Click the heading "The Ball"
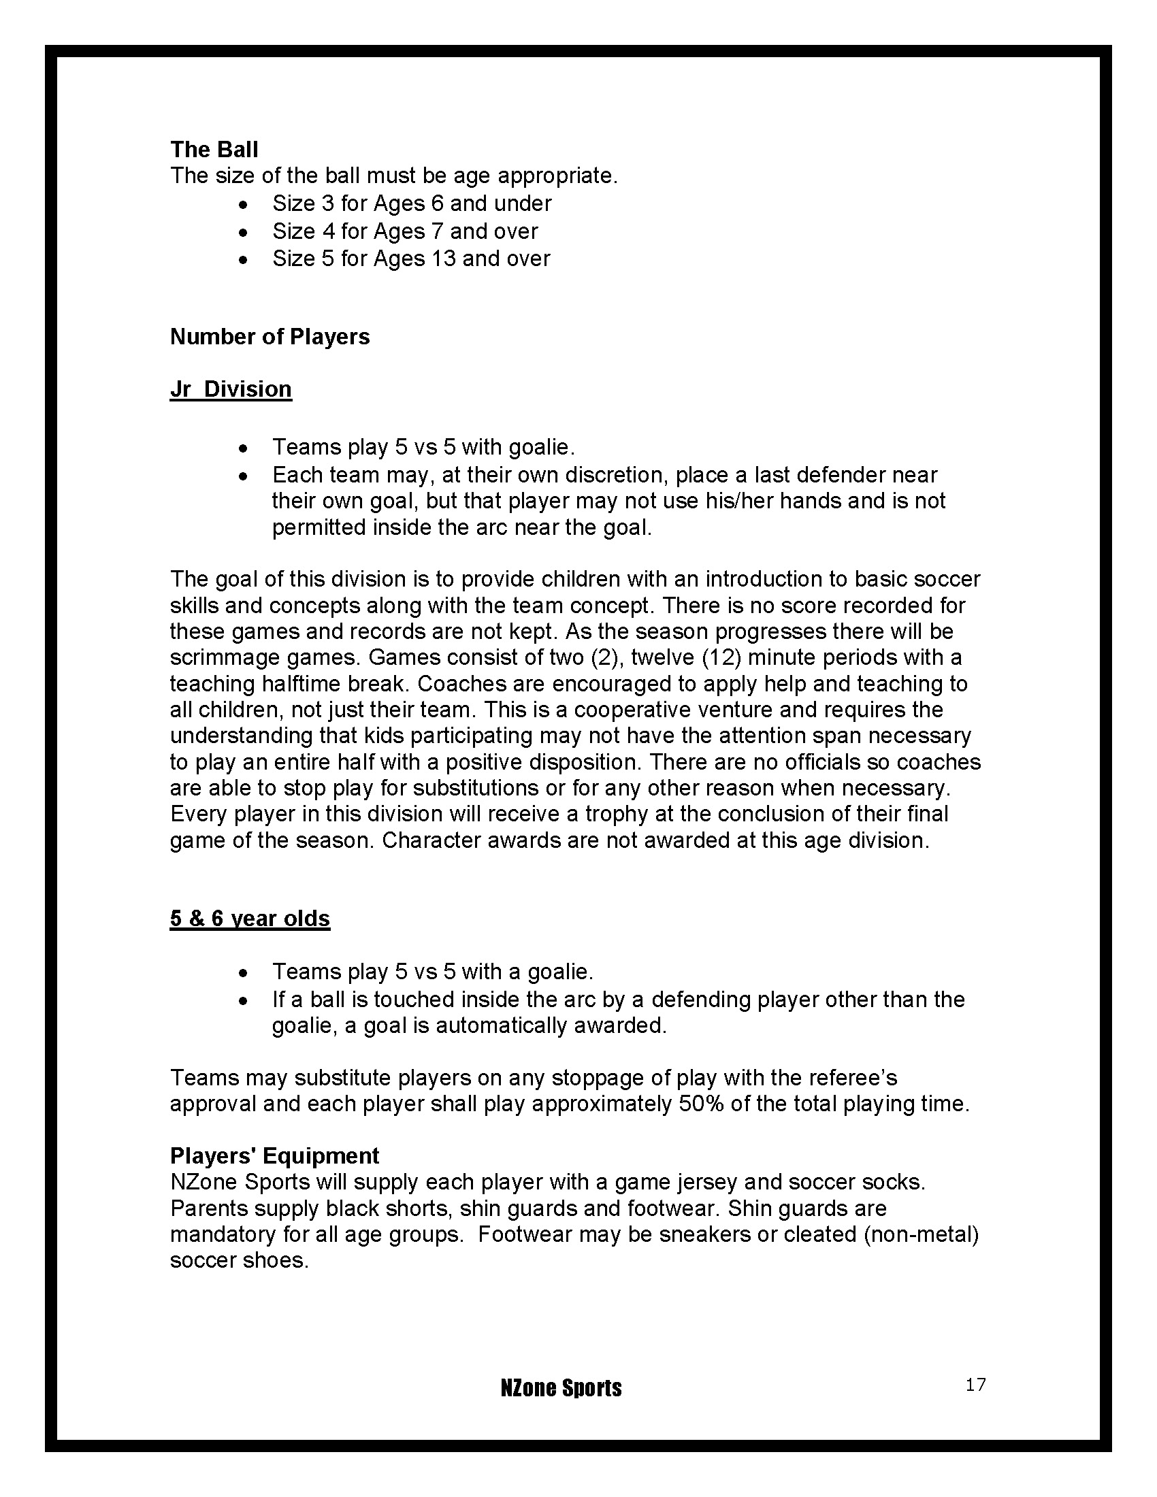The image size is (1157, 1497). click(214, 150)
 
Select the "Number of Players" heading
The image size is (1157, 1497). click(270, 337)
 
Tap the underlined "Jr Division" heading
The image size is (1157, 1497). click(231, 389)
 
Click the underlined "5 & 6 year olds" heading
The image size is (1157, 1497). click(250, 919)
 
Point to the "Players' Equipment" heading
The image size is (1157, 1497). click(274, 1155)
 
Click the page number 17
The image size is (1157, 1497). click(975, 1385)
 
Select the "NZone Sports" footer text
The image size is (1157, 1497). click(561, 1388)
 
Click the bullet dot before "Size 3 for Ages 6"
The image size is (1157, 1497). click(244, 205)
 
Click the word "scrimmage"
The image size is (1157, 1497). click(225, 658)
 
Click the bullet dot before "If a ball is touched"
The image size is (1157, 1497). click(244, 1002)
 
